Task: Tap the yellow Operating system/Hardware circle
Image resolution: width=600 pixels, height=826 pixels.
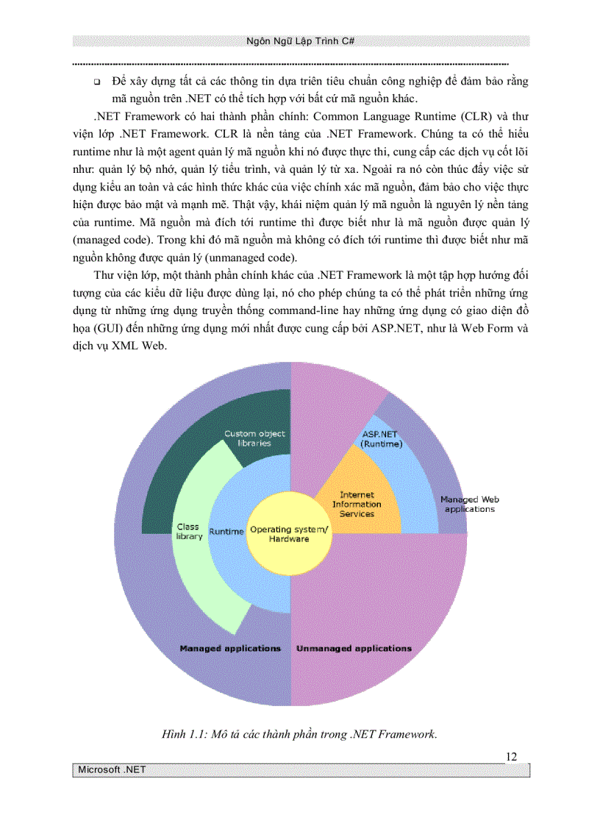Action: (279, 534)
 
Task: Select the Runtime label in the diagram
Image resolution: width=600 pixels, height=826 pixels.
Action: (226, 531)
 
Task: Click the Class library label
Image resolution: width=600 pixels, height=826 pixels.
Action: (189, 531)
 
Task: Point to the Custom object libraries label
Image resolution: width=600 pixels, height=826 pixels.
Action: (254, 438)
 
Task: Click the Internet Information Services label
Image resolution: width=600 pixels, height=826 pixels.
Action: (357, 505)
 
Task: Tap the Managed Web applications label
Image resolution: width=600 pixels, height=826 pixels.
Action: (469, 504)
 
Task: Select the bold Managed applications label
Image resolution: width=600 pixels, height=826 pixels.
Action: (230, 649)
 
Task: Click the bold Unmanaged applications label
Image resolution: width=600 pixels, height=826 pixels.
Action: (354, 649)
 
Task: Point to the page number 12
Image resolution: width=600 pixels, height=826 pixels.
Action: (512, 757)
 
